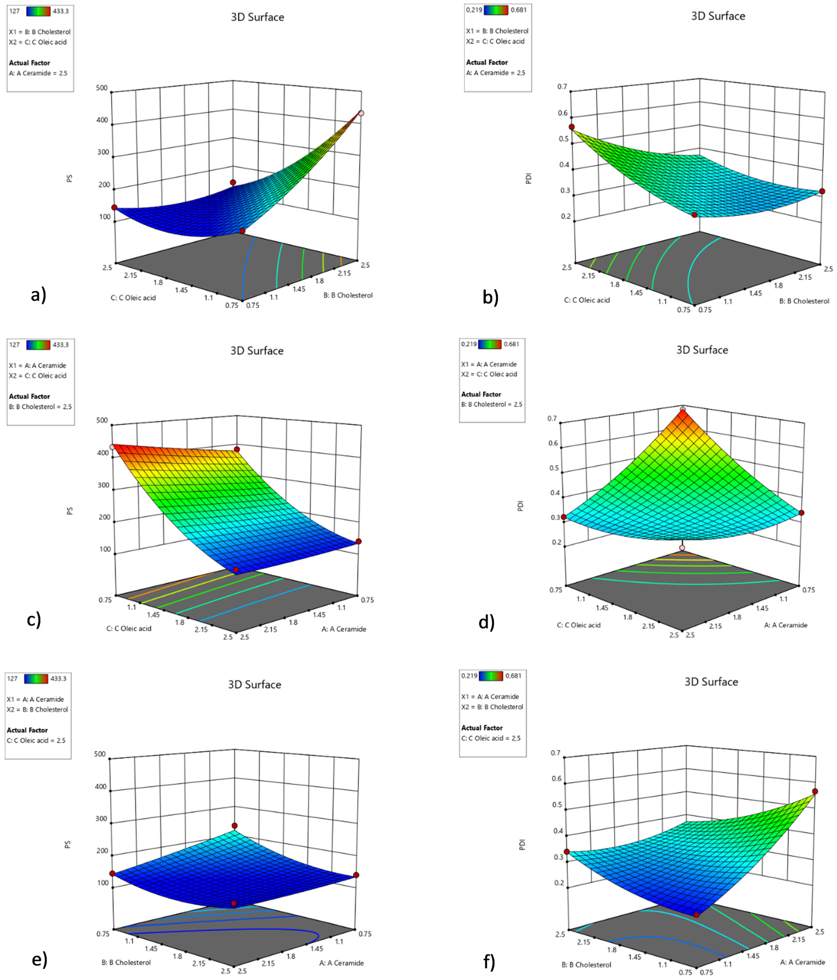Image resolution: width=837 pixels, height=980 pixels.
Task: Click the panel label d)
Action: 486,622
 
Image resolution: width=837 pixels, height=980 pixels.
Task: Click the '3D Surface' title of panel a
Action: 257,17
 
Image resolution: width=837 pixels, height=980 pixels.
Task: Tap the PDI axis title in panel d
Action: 521,506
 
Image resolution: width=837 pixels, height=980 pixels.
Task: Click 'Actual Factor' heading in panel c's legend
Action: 29,396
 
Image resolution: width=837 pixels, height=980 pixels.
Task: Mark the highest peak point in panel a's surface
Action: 361,113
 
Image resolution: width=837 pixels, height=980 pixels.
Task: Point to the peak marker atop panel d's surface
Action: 682,410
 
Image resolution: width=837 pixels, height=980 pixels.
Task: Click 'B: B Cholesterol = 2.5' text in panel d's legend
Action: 491,404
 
